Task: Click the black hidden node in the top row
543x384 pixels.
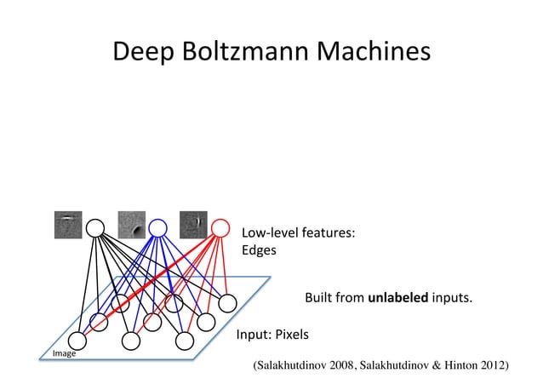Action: pos(95,227)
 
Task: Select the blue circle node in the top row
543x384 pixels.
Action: pos(157,227)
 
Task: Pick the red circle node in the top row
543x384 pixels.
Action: pos(220,227)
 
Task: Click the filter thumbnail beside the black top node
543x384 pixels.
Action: pos(67,223)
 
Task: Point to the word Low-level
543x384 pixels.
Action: pos(268,232)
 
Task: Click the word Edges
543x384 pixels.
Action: pos(259,250)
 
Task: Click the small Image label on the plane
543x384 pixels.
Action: pos(65,353)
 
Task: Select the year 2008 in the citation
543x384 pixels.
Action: pos(340,365)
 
